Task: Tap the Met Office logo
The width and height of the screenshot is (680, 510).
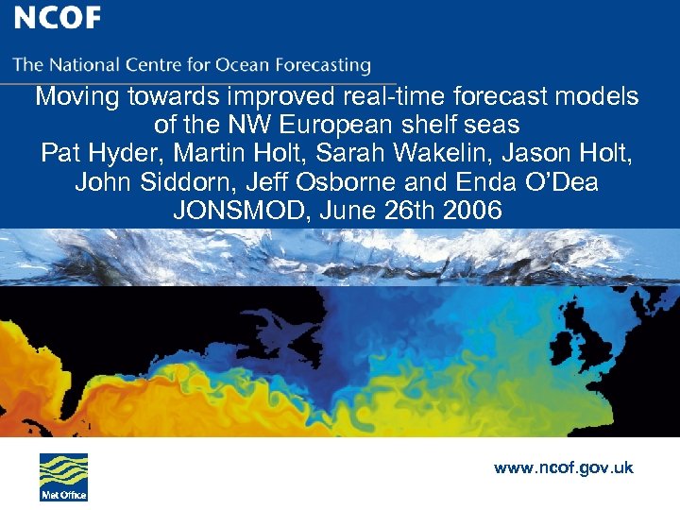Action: pos(63,477)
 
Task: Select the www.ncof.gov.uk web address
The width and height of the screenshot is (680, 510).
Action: pos(564,467)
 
